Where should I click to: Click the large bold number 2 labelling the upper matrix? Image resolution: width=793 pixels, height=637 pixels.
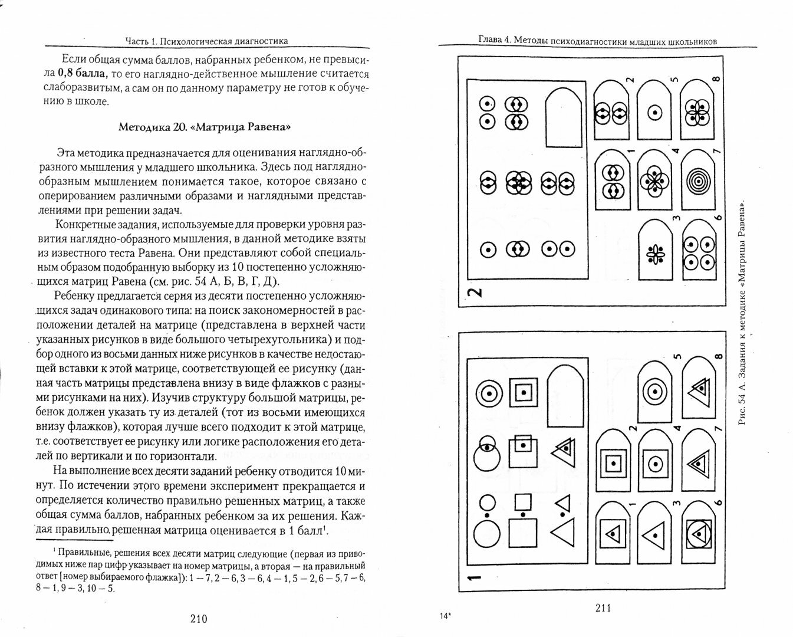coord(475,292)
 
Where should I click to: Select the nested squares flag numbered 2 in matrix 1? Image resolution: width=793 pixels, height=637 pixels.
coord(613,461)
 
